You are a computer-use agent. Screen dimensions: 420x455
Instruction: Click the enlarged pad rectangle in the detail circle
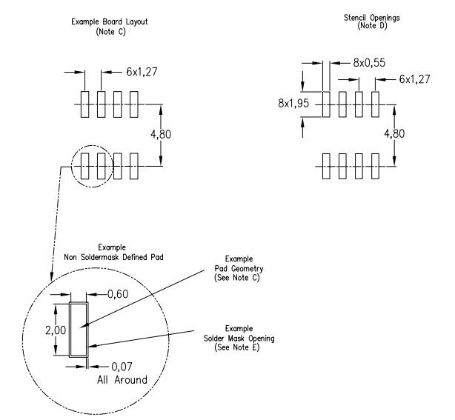pos(78,329)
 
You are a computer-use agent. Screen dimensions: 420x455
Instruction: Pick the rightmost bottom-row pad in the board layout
pos(134,167)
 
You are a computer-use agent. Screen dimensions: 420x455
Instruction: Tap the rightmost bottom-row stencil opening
pos(374,167)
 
